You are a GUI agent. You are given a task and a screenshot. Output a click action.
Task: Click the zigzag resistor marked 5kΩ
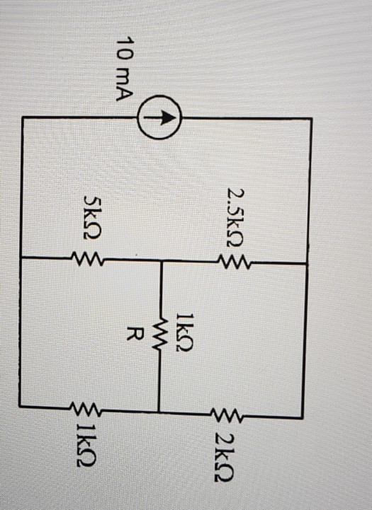tap(88, 261)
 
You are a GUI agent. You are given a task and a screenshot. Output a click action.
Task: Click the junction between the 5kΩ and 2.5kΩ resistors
tap(162, 261)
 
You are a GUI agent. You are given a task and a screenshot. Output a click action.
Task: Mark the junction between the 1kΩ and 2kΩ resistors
tap(159, 411)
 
